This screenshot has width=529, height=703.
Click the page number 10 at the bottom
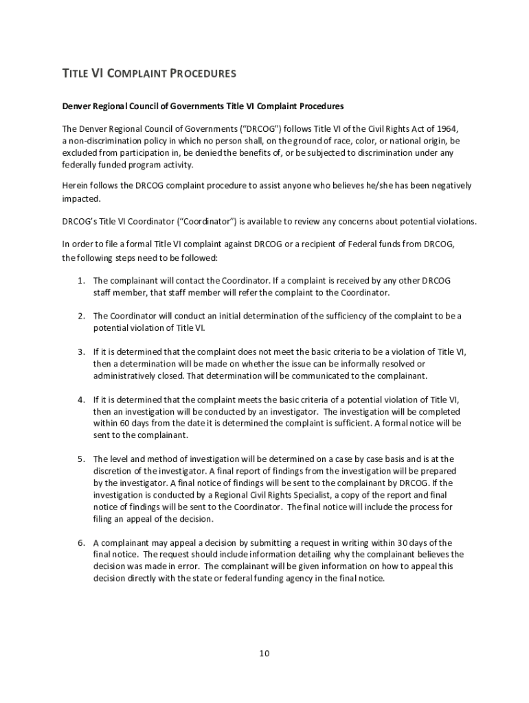pyautogui.click(x=264, y=652)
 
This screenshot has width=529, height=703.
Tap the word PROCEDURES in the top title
pyautogui.click(x=203, y=73)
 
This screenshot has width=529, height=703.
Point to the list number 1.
pyautogui.click(x=80, y=281)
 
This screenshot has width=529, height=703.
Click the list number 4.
pyautogui.click(x=80, y=399)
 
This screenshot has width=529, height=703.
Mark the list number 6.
pyautogui.click(x=80, y=542)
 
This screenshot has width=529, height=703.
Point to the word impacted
pyautogui.click(x=81, y=198)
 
